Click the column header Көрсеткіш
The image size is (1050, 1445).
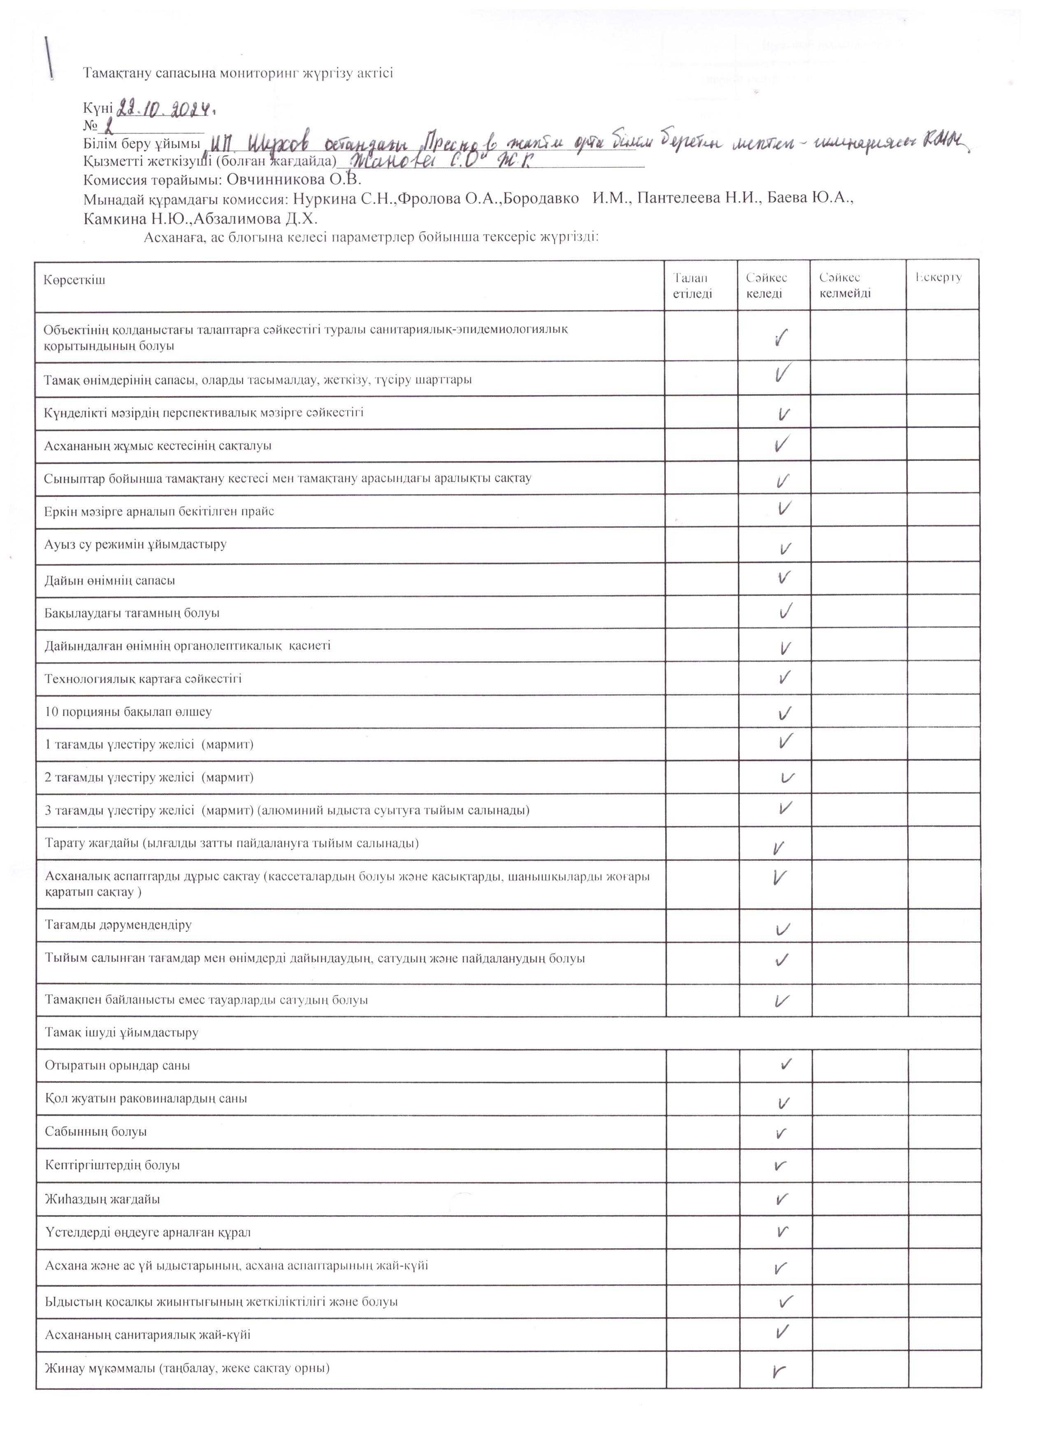(x=74, y=280)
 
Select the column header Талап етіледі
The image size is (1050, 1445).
(x=692, y=285)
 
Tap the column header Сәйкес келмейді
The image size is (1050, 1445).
(x=845, y=285)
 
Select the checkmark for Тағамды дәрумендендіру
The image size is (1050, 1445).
(x=783, y=929)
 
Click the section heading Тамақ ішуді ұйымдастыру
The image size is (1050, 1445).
(x=121, y=1032)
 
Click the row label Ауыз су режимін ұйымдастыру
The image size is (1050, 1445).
(x=135, y=545)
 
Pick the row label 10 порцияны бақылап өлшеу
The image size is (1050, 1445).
(x=128, y=712)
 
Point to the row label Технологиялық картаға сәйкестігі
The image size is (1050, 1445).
(x=143, y=678)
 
